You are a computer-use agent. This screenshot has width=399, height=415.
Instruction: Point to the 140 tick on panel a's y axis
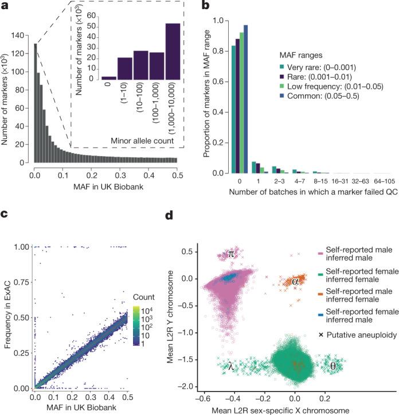tap(22, 36)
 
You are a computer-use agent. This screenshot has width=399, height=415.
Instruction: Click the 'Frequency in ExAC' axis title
tap(8, 297)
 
